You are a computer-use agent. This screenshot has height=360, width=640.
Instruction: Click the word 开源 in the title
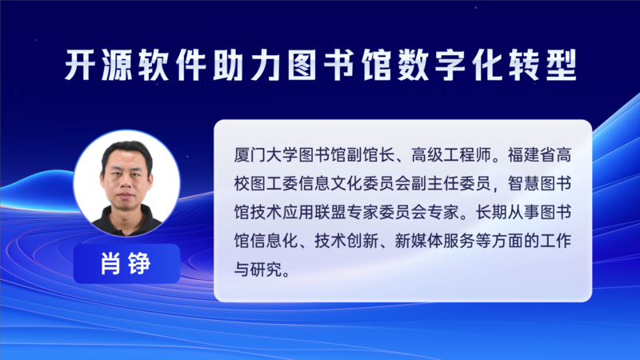coord(98,65)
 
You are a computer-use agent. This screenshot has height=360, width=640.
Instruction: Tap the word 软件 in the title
coord(172,65)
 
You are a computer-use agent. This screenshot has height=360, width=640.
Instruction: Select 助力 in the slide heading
coord(246,65)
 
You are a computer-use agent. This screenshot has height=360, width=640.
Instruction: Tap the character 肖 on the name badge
coord(110,264)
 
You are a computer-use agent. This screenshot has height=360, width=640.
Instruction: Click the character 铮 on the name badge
coord(139,264)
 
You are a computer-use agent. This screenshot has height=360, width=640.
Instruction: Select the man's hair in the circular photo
coord(127,151)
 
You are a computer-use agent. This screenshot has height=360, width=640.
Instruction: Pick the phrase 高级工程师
coord(451,155)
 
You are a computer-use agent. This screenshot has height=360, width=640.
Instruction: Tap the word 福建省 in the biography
coord(531,155)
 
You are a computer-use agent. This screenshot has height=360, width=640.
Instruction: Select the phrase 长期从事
coord(507,212)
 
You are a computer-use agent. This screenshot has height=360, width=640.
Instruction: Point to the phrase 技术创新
coord(346,241)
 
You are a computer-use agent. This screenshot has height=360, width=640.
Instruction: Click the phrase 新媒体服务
coord(434,241)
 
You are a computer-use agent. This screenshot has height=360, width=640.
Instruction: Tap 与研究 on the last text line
coord(258,270)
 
